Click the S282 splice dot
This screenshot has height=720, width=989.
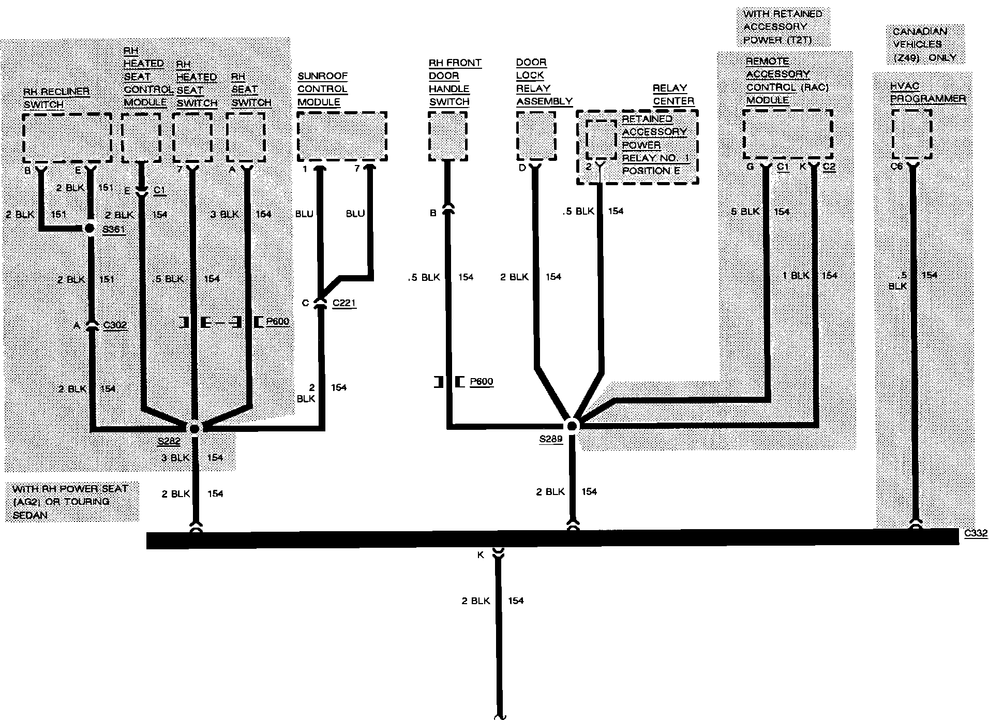[x=195, y=428]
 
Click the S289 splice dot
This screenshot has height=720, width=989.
[x=572, y=426]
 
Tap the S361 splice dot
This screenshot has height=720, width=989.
[x=90, y=228]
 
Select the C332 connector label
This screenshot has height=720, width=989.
[x=976, y=534]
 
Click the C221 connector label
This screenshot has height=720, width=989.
[x=344, y=303]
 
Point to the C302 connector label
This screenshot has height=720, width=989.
[x=115, y=325]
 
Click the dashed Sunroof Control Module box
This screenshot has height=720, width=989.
[x=342, y=137]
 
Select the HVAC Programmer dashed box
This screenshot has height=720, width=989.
[x=911, y=134]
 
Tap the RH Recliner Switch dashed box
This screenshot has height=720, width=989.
[x=67, y=138]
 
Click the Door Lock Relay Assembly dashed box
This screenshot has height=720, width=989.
[x=536, y=136]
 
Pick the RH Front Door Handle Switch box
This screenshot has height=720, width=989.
[x=448, y=137]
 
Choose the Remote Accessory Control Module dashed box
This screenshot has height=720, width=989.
[x=787, y=134]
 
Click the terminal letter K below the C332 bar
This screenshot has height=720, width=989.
[x=481, y=554]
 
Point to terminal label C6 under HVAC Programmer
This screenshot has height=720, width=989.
[x=896, y=167]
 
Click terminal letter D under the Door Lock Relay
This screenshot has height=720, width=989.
[x=522, y=167]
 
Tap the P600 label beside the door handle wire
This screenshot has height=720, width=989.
[x=481, y=382]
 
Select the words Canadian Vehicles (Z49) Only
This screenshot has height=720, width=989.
[x=924, y=44]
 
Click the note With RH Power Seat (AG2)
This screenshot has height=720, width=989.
[x=70, y=502]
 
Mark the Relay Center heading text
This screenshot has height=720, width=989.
[x=673, y=95]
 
